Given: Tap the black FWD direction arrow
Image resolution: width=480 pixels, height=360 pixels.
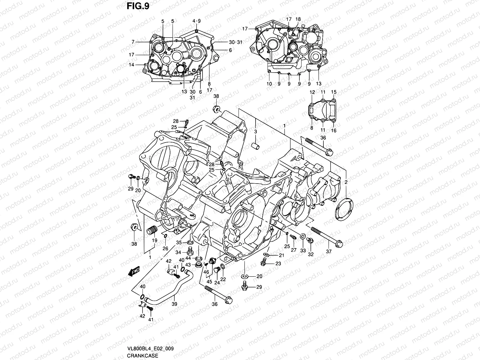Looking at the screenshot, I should point(133,272).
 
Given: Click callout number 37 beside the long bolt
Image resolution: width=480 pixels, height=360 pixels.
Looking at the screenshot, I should point(329,251).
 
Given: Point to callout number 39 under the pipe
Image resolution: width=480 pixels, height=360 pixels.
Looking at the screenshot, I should point(174,304).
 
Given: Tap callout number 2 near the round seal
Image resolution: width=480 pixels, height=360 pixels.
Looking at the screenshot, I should point(346,182).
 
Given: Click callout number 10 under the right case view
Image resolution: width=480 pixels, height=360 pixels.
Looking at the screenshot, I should point(269,84).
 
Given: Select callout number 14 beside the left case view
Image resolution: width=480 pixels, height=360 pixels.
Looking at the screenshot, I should point(132,64).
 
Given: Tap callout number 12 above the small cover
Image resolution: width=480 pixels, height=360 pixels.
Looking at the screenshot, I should point(312,92).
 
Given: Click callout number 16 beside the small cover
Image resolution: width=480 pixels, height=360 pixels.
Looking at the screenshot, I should point(334,130).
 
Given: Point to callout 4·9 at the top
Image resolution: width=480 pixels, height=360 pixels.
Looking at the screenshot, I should point(196,21).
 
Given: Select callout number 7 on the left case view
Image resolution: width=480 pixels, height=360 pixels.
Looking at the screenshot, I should point(133,42).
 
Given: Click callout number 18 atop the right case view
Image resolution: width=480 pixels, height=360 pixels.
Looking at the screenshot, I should point(298,19).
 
